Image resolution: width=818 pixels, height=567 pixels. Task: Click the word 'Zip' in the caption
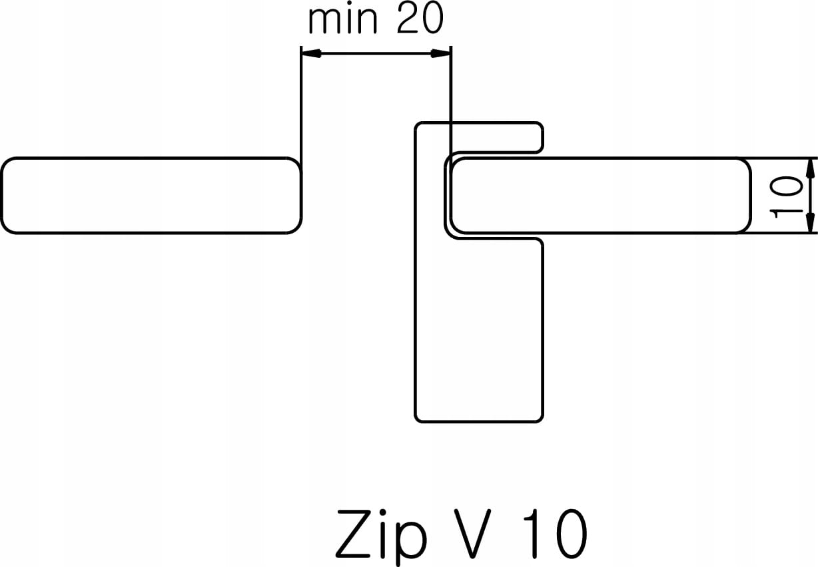pos(380,534)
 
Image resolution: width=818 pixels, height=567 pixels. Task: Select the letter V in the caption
pos(472,534)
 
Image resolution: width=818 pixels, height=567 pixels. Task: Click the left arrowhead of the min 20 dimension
pos(310,53)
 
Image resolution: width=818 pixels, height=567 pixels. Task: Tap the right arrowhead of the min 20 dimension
pos(442,53)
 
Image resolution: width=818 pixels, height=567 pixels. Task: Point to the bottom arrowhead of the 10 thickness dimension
pos(811,226)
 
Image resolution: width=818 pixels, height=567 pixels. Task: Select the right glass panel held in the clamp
pos(600,196)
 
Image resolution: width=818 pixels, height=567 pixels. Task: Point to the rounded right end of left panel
pos(297,196)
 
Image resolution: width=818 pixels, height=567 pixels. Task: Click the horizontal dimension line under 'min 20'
pos(376,53)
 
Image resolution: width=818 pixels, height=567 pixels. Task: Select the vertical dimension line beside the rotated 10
pos(811,196)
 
